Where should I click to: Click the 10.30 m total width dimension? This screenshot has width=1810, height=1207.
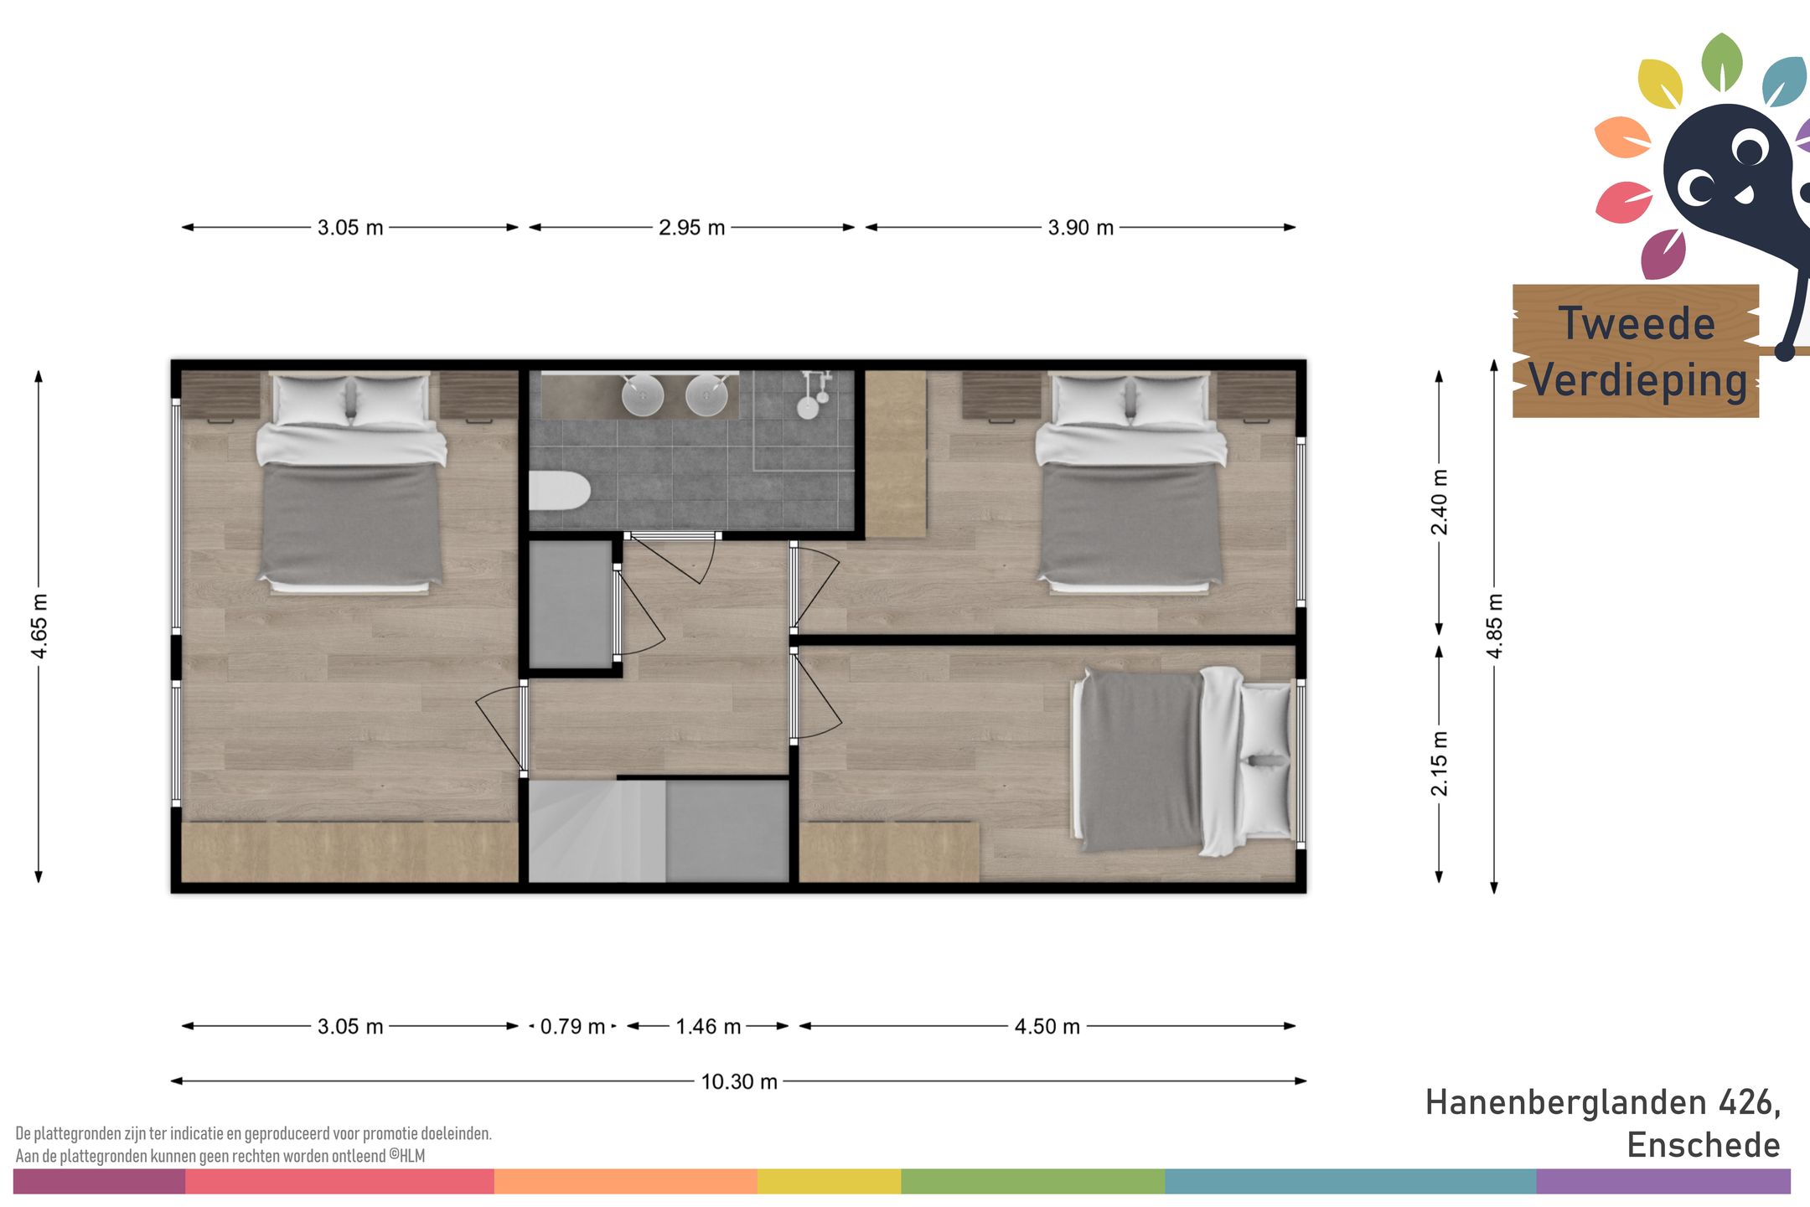(739, 1081)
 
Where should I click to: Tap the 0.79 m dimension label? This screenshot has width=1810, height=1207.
(572, 1027)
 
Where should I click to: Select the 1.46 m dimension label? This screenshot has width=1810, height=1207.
(708, 1027)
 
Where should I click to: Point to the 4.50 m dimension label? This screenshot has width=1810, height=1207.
(1047, 1027)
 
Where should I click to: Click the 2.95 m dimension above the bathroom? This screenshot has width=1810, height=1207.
(691, 228)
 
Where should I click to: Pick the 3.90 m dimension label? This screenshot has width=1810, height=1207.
(1081, 228)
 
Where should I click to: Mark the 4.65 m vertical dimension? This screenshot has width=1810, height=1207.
(39, 626)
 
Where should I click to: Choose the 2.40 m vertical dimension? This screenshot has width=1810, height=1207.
(1439, 503)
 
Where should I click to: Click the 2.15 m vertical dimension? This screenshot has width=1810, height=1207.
(1439, 763)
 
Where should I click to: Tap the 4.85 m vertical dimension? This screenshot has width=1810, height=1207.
(1494, 626)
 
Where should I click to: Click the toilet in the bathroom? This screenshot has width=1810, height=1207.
(559, 492)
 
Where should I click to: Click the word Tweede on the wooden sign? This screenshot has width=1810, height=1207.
(1637, 323)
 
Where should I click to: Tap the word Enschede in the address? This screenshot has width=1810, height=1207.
(1704, 1145)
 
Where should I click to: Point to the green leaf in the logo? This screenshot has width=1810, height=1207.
(1722, 62)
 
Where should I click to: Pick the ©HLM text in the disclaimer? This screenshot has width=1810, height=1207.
(406, 1156)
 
